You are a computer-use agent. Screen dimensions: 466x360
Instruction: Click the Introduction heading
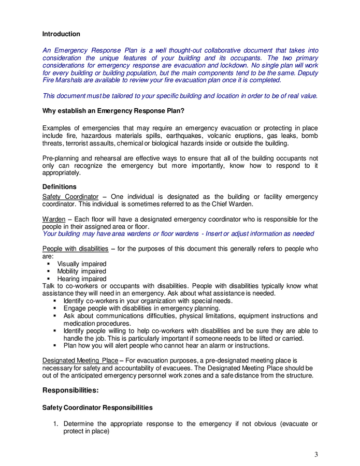pos(61,34)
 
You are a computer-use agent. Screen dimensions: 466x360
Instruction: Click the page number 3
pos(316,455)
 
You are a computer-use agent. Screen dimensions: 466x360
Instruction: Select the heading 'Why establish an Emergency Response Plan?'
pos(113,111)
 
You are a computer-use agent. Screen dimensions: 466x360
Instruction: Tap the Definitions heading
pos(59,187)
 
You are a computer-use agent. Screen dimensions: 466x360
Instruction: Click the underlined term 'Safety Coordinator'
pos(70,197)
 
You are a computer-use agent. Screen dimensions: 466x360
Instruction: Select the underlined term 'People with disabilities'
pos(75,249)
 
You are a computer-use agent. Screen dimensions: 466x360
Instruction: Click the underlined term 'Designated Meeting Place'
pos(80,361)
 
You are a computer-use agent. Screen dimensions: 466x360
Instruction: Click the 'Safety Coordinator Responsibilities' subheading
pos(97,408)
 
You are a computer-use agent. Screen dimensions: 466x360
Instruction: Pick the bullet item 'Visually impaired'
pos(82,264)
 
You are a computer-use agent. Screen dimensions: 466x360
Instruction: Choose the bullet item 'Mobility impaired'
pos(81,271)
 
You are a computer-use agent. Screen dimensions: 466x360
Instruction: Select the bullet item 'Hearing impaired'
pos(81,279)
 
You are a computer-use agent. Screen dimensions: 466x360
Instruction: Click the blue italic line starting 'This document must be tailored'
pos(180,96)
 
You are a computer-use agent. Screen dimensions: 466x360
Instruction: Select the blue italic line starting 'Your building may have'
pos(178,234)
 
